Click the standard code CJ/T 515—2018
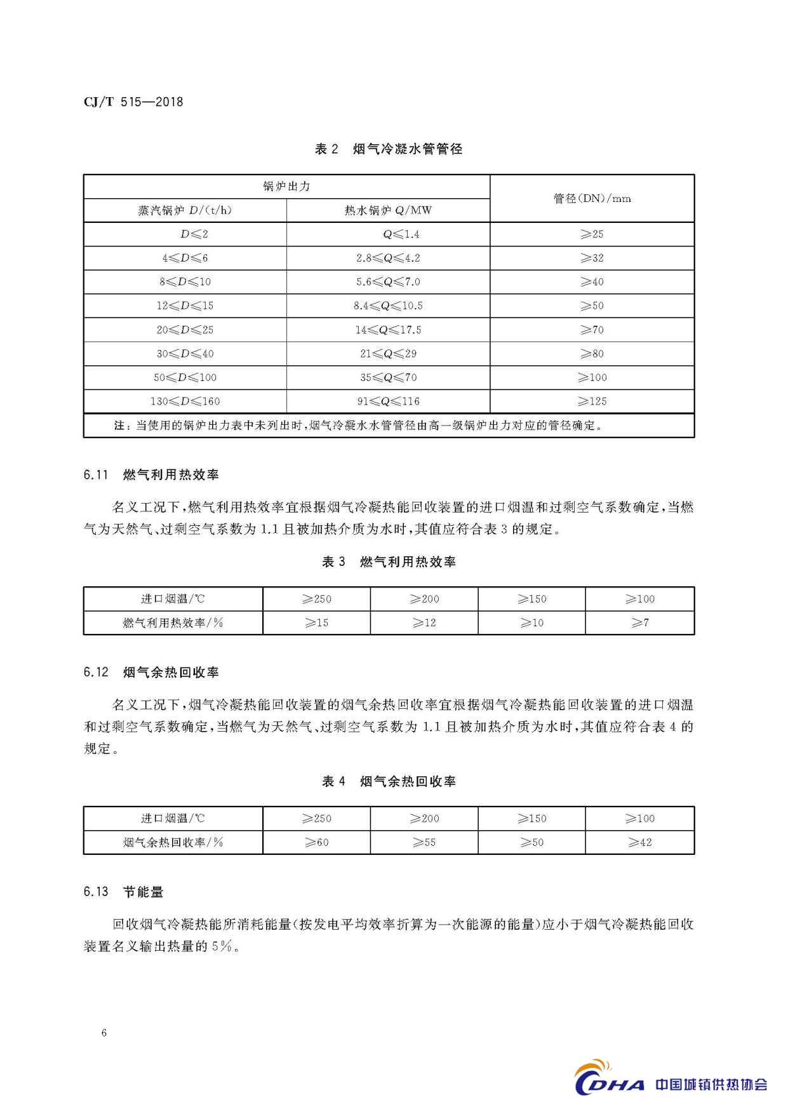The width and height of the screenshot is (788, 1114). tap(133, 102)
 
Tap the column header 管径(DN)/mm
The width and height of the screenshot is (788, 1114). tap(592, 199)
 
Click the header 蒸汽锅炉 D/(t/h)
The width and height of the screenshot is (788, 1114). tap(185, 211)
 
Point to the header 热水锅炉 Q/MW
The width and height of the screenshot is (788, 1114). tap(388, 211)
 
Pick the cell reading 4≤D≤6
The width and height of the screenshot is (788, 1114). tap(185, 258)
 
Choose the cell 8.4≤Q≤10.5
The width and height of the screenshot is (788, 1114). tap(388, 306)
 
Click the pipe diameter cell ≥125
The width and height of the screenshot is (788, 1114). tap(592, 401)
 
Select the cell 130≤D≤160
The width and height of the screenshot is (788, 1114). tap(185, 401)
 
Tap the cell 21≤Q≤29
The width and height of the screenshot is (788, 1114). tap(388, 354)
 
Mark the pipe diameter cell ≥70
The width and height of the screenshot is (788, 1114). tap(592, 330)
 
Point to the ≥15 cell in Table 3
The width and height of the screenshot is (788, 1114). tap(316, 623)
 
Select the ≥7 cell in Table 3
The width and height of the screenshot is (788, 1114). tap(639, 623)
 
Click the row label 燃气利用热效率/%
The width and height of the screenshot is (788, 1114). tap(173, 623)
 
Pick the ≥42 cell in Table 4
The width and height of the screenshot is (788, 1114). tap(639, 843)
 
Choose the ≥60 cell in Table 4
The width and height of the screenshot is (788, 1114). tap(316, 843)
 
